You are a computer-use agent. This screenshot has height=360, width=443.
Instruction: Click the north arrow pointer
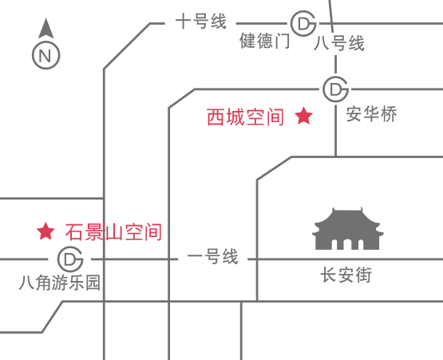point(46,29)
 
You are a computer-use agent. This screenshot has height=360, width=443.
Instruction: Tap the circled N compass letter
point(46,55)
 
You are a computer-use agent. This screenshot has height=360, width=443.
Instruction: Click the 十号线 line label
point(201,22)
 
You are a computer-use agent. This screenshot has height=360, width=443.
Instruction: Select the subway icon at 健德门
point(303,23)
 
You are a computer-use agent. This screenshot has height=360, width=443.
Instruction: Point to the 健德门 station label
point(265,41)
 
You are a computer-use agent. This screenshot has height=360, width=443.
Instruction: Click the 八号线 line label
point(339,43)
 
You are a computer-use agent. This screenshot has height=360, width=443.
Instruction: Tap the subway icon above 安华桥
point(335,89)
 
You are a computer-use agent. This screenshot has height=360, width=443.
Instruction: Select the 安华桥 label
point(371,114)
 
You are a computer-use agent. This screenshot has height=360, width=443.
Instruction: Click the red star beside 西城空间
point(304,116)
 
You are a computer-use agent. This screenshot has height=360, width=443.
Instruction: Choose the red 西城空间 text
point(246,117)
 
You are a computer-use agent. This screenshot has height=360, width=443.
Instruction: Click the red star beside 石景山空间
point(45,231)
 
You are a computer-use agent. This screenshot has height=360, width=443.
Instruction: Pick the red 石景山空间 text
point(113,232)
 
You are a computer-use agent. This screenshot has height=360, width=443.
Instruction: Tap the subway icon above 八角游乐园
point(70,259)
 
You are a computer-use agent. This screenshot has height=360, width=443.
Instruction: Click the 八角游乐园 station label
point(60,283)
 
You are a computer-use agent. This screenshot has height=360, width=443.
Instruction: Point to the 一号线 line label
point(213,256)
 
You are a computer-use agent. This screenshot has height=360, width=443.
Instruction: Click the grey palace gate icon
point(347,228)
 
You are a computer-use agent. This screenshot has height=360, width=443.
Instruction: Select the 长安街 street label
point(346,275)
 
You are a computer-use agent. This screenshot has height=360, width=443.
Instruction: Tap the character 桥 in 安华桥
point(389,114)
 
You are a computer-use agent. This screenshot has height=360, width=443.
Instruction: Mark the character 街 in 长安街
point(364,275)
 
